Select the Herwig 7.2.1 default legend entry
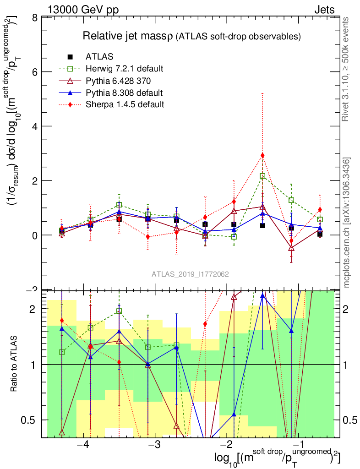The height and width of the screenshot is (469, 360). point(124,69)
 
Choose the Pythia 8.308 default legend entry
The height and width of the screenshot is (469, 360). point(124,93)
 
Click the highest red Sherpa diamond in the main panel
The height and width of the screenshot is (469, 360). point(262,155)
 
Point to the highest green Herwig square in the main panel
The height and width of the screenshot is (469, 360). point(262,176)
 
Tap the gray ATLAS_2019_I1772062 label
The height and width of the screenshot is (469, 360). point(190,274)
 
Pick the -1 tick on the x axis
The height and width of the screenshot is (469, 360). point(299,445)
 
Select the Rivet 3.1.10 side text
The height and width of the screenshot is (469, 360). point(347,69)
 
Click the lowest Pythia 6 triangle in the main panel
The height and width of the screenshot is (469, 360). point(291,248)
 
